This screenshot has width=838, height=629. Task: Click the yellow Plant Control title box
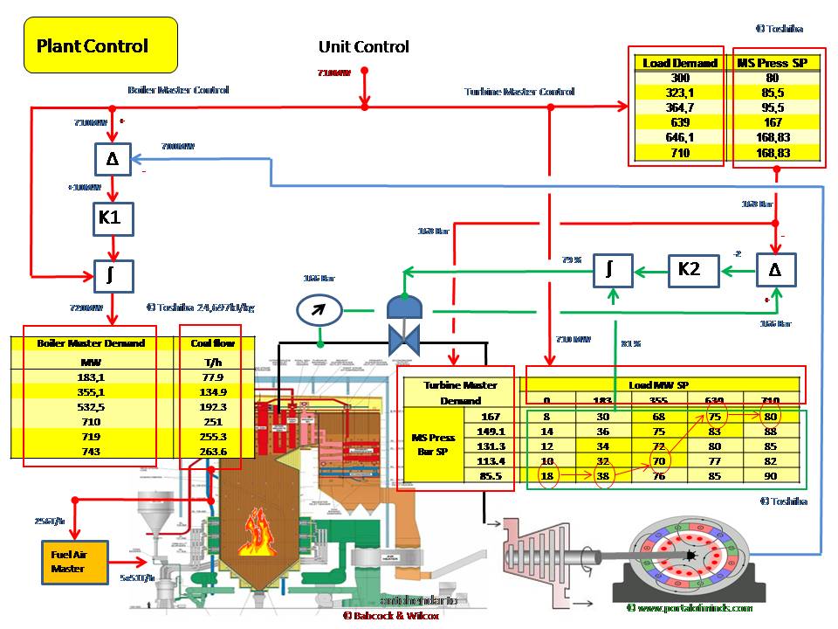pos(100,46)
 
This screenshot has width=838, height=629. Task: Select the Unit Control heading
pos(363,47)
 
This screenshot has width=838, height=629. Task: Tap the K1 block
pos(113,218)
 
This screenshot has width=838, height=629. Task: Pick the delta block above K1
pos(113,160)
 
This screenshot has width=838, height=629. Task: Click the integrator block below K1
pos(113,276)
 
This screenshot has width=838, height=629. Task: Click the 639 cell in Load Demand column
pos(680,122)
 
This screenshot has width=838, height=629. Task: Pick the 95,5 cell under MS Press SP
pos(776,107)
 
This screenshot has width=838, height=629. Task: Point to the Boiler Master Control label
pos(178,90)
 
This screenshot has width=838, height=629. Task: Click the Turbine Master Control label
pos(519,91)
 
